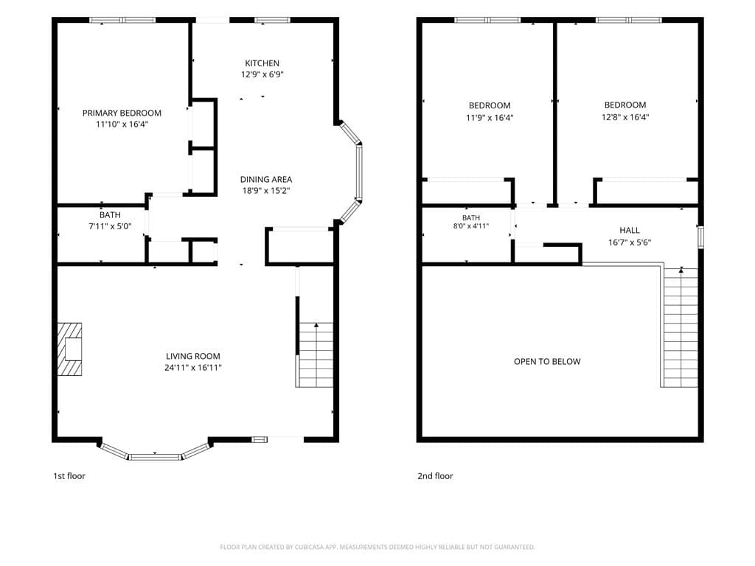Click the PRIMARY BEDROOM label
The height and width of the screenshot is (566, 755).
[x=122, y=113]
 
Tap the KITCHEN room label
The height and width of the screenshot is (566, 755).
[x=262, y=63]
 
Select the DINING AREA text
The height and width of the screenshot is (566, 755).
[x=265, y=180]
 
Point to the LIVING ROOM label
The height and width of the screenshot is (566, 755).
[x=193, y=356]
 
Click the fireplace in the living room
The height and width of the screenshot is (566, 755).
[x=69, y=349]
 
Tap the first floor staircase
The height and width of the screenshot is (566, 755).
[x=316, y=355]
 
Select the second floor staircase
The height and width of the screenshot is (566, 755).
[x=681, y=327]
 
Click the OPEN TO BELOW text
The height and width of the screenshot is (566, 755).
[x=547, y=361]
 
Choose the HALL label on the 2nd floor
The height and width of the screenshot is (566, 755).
[x=630, y=231]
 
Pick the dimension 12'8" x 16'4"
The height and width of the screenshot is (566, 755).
[x=625, y=117]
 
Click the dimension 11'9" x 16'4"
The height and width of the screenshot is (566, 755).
[x=490, y=117]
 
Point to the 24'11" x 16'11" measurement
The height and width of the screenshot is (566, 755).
[x=193, y=368]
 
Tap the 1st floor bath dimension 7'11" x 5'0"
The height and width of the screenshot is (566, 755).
[x=111, y=226]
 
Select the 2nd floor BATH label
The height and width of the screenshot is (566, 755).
[x=471, y=218]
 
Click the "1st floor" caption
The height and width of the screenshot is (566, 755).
[x=69, y=476]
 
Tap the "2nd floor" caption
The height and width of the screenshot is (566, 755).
[x=435, y=476]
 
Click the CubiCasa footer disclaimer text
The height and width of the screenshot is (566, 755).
[x=377, y=547]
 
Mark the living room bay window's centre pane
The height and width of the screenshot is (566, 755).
[x=155, y=456]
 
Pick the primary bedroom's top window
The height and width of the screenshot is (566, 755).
[x=123, y=20]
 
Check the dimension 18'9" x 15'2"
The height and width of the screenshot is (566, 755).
[x=265, y=191]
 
